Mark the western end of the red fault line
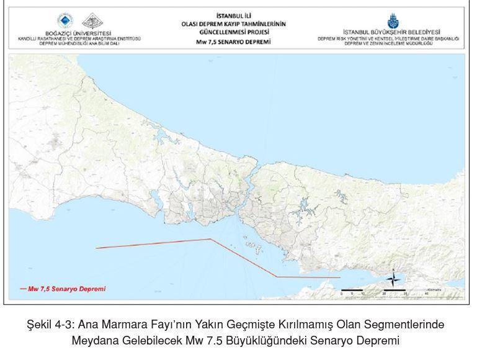pos(96,248)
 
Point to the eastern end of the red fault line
pos(340,277)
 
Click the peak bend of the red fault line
pos(210,239)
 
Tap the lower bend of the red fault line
pos(277,277)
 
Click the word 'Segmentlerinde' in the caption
pos(410,325)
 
